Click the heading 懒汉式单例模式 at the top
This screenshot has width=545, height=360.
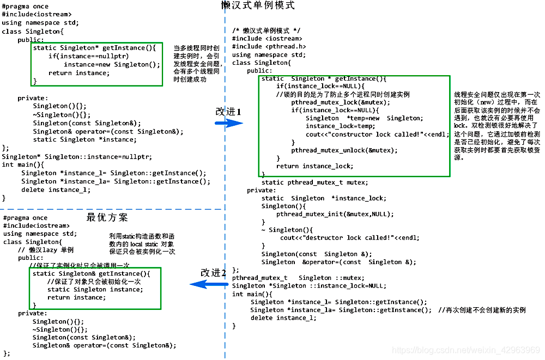(x=258, y=6)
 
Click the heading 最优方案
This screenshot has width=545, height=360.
(x=107, y=217)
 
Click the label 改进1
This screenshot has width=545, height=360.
(x=228, y=111)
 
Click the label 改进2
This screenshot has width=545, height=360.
(x=213, y=272)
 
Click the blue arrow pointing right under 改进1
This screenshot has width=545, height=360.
(x=228, y=123)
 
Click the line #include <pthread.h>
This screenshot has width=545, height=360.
(x=269, y=47)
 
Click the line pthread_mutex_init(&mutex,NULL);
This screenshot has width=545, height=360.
(x=335, y=214)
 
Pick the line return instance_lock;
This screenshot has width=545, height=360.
(x=314, y=166)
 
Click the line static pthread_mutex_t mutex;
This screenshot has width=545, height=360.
(x=314, y=182)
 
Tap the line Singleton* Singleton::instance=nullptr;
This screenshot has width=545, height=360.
(x=77, y=156)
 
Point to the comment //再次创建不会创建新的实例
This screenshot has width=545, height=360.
(x=482, y=310)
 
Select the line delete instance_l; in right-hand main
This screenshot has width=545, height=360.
(x=283, y=318)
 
